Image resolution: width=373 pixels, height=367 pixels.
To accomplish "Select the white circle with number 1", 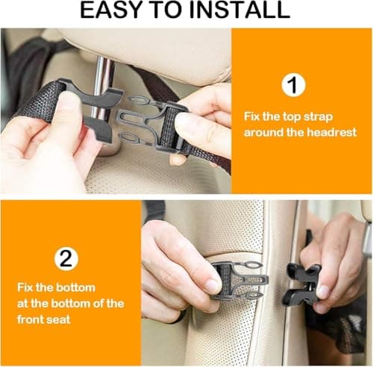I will [x=294, y=84].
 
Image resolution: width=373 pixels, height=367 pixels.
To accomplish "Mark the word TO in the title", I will [x=169, y=10].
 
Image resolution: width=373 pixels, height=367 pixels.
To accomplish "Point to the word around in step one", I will [x=262, y=132].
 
